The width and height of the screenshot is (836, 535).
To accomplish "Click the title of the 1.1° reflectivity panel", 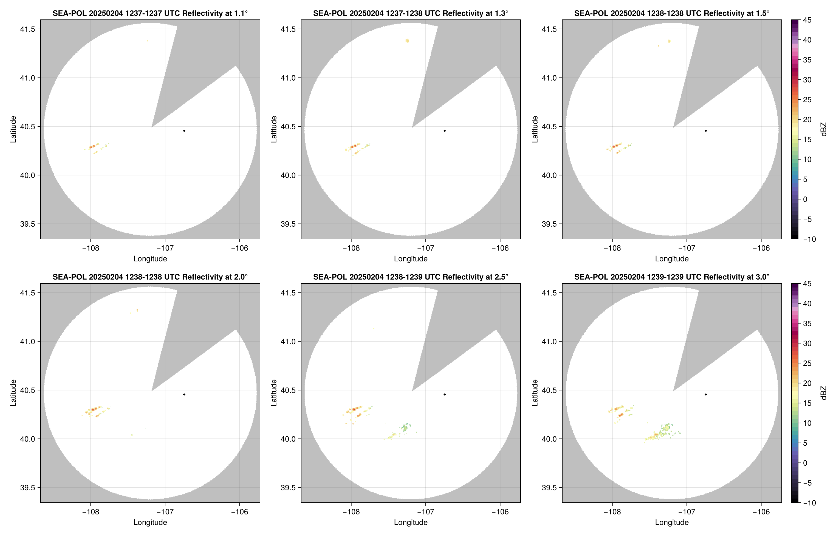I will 150,13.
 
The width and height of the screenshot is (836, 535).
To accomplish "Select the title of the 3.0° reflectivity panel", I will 672,277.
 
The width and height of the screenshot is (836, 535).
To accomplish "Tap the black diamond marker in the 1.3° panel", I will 445,131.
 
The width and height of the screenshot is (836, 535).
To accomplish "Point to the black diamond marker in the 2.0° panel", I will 184,395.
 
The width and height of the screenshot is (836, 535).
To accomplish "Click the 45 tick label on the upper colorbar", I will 807,20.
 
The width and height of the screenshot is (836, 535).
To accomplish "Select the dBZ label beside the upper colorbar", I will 823,129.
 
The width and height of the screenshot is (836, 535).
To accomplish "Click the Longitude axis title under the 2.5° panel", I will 411,522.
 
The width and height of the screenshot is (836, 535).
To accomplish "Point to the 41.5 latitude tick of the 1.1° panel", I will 28,29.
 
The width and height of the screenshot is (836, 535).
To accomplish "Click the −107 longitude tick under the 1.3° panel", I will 425,248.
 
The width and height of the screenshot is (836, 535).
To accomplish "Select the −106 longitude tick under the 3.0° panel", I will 761,512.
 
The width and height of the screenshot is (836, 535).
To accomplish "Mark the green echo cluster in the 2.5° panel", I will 405,427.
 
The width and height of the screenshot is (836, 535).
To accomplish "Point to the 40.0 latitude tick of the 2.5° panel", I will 289,439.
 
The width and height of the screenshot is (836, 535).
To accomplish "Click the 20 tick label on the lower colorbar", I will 807,383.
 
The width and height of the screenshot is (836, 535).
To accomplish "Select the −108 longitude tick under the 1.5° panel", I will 612,248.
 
